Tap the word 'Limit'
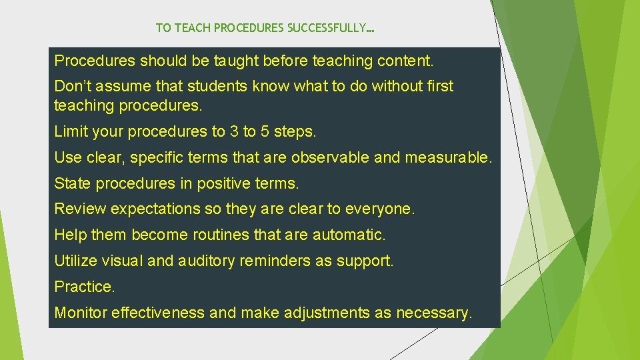tap(70, 132)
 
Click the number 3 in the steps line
tap(234, 132)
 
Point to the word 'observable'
tap(327, 158)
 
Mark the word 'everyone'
tap(381, 209)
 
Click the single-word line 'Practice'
tap(85, 287)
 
